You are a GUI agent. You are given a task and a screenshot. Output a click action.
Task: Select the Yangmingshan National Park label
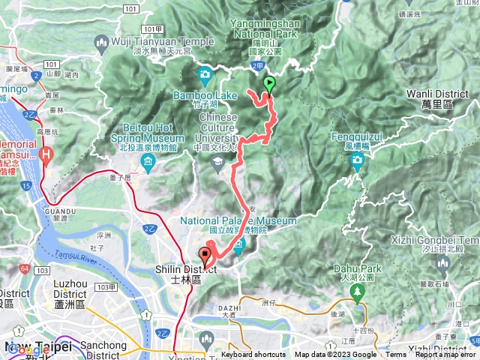pos(266,29)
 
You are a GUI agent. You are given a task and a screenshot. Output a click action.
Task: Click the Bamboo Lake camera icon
pos(205,74)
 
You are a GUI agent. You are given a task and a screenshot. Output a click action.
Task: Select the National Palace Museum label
pos(238,220)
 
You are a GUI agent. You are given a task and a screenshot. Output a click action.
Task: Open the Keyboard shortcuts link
pos(253,355)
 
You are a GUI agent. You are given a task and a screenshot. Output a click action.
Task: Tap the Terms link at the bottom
pos(396,355)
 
